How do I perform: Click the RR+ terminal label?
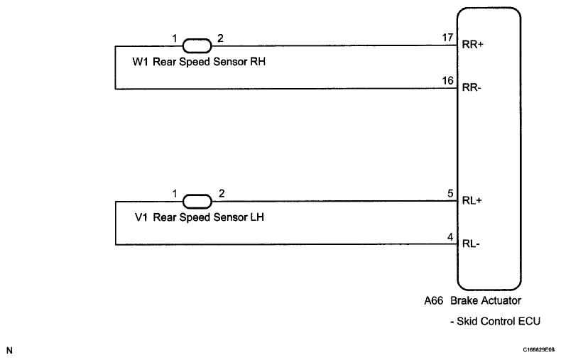click(474, 44)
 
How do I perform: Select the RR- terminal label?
click(473, 89)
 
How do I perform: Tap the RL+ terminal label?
click(473, 200)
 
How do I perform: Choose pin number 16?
click(447, 81)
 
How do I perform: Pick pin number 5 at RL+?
click(450, 192)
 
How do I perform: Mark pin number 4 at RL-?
click(450, 237)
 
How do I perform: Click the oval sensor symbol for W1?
click(197, 46)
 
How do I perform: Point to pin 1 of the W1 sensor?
click(173, 37)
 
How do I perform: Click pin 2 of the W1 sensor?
click(221, 37)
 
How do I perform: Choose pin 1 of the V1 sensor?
click(173, 192)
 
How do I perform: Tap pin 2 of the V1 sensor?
click(221, 192)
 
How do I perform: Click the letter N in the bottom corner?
click(9, 350)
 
